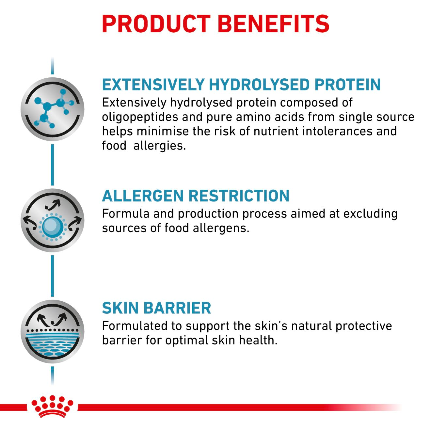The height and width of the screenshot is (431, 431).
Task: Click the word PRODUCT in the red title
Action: tap(156, 24)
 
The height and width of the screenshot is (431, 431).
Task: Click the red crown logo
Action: tap(52, 406)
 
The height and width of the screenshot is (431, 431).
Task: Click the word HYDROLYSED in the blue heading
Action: tap(259, 85)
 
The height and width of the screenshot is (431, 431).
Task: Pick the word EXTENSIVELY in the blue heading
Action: tap(153, 85)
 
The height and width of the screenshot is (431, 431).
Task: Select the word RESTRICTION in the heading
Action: tap(239, 196)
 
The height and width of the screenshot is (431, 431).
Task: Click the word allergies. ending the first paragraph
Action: tap(159, 146)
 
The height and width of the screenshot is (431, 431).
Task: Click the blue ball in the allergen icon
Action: tap(52, 226)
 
